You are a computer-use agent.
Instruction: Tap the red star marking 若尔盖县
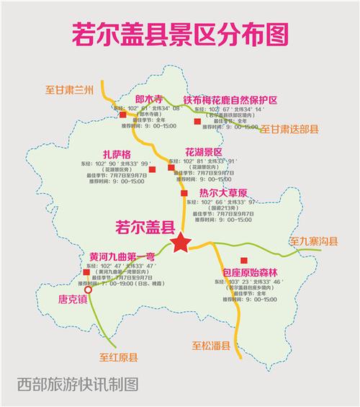(x=180, y=243)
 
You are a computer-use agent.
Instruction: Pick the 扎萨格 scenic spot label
(x=118, y=153)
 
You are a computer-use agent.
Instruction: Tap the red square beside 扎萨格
(x=152, y=169)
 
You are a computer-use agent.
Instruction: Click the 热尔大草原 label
(x=223, y=192)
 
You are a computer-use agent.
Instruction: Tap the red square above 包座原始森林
(x=244, y=260)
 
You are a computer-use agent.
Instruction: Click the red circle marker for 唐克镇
(x=89, y=291)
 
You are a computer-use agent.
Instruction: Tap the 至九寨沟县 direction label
(x=312, y=241)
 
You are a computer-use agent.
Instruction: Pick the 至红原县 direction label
(x=118, y=356)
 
